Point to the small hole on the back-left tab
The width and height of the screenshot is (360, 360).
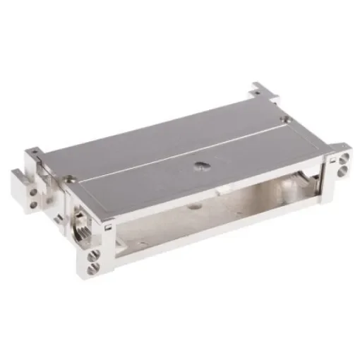[32, 152]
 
